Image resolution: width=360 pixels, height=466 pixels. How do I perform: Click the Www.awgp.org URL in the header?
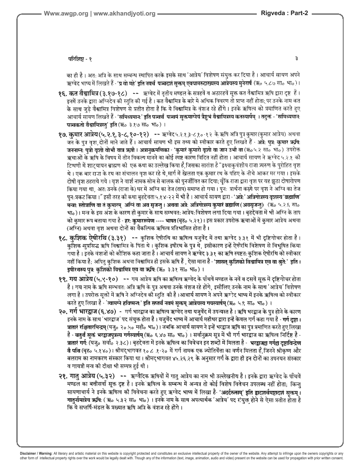pos(64,13)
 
